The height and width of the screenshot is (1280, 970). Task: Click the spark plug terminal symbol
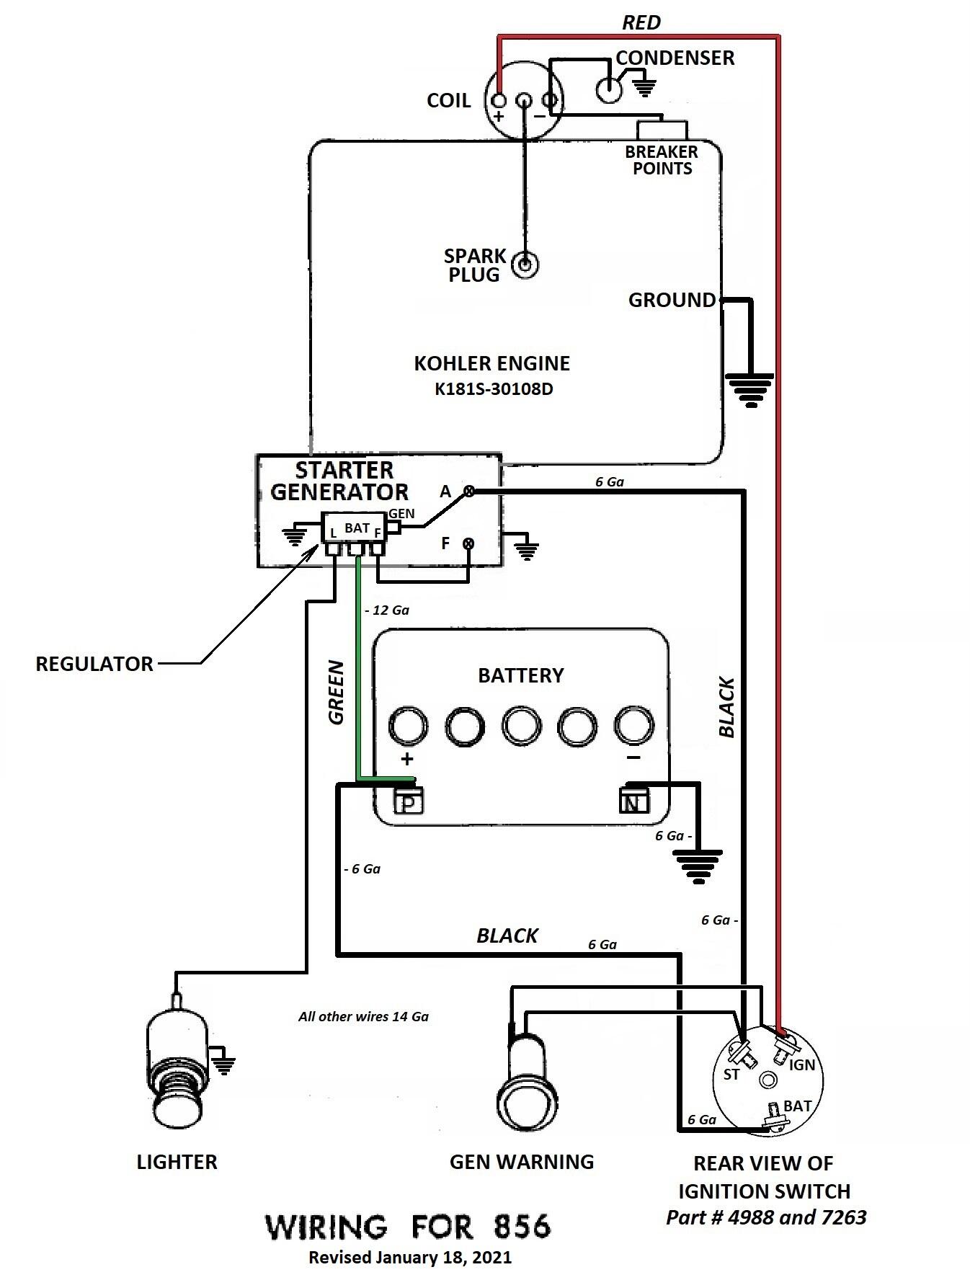click(525, 265)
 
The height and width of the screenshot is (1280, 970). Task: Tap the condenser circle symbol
click(609, 90)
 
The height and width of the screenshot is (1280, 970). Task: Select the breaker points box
click(662, 130)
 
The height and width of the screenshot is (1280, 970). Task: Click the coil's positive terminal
click(499, 100)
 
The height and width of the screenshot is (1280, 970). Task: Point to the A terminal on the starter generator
click(468, 492)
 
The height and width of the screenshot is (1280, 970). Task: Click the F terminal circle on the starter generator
click(468, 543)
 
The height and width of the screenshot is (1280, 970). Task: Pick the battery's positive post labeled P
click(408, 801)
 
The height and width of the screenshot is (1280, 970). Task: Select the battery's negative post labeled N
click(634, 800)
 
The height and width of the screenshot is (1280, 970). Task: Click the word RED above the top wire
click(641, 23)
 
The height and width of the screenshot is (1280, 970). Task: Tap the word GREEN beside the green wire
click(336, 692)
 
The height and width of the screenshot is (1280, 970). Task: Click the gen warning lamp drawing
click(526, 1080)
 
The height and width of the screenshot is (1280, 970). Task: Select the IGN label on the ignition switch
click(801, 1065)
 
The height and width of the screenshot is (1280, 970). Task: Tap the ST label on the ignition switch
click(731, 1075)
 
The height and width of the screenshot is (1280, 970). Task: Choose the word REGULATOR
click(94, 664)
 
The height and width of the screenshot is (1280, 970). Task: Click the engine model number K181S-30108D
click(494, 389)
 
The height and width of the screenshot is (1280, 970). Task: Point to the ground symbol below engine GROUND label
click(749, 390)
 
